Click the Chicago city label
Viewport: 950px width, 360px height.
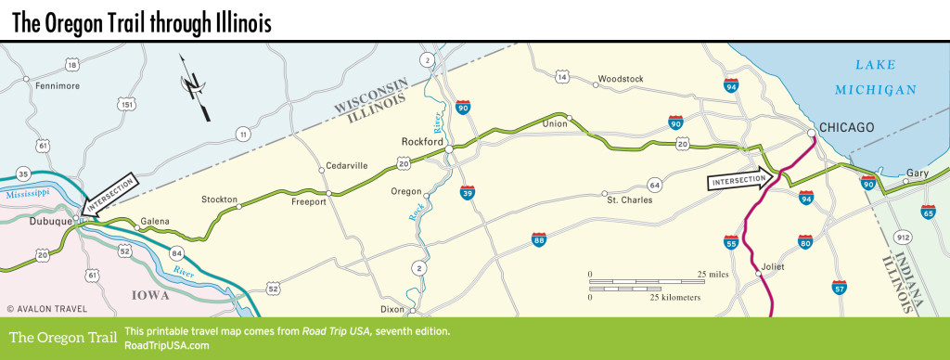click(x=847, y=128)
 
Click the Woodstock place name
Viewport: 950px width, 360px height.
click(x=621, y=79)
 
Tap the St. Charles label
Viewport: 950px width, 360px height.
click(x=630, y=199)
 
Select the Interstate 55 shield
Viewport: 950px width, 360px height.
click(x=732, y=243)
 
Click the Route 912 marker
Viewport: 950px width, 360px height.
click(x=905, y=238)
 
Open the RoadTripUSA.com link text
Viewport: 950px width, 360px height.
click(x=165, y=345)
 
